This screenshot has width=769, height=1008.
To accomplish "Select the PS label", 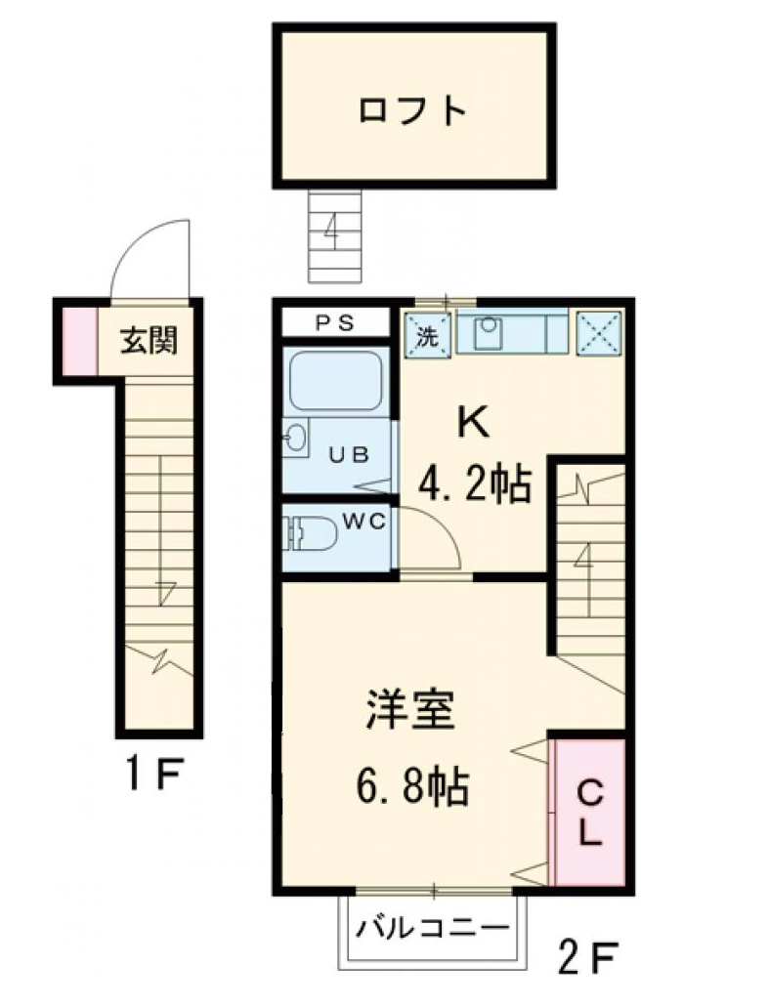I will pos(338,322).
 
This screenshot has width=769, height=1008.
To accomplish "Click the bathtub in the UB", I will pos(334,383).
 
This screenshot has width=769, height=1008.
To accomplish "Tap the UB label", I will pos(348,453).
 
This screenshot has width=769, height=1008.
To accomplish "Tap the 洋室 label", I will pos(409,712).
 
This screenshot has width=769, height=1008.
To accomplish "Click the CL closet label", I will pos(589,813).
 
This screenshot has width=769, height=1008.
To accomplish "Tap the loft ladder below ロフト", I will pos(334,234).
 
